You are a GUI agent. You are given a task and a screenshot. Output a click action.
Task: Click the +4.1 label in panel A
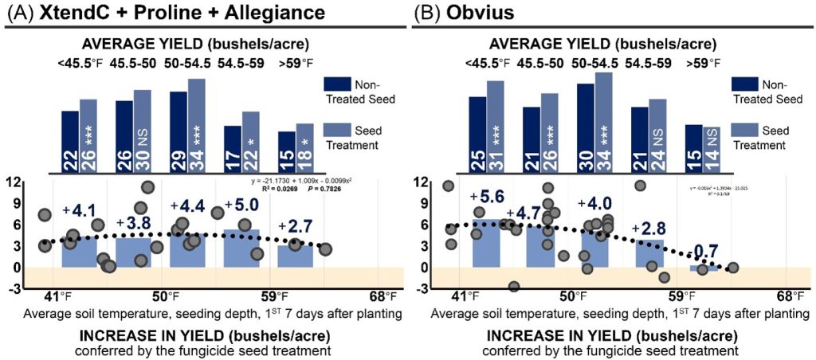pos(80,213)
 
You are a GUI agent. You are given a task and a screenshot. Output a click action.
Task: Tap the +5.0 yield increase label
pos(240,206)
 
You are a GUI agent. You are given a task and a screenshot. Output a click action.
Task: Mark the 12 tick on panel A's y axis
pos(14,182)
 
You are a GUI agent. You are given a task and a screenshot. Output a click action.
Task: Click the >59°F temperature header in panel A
pos(297,63)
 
